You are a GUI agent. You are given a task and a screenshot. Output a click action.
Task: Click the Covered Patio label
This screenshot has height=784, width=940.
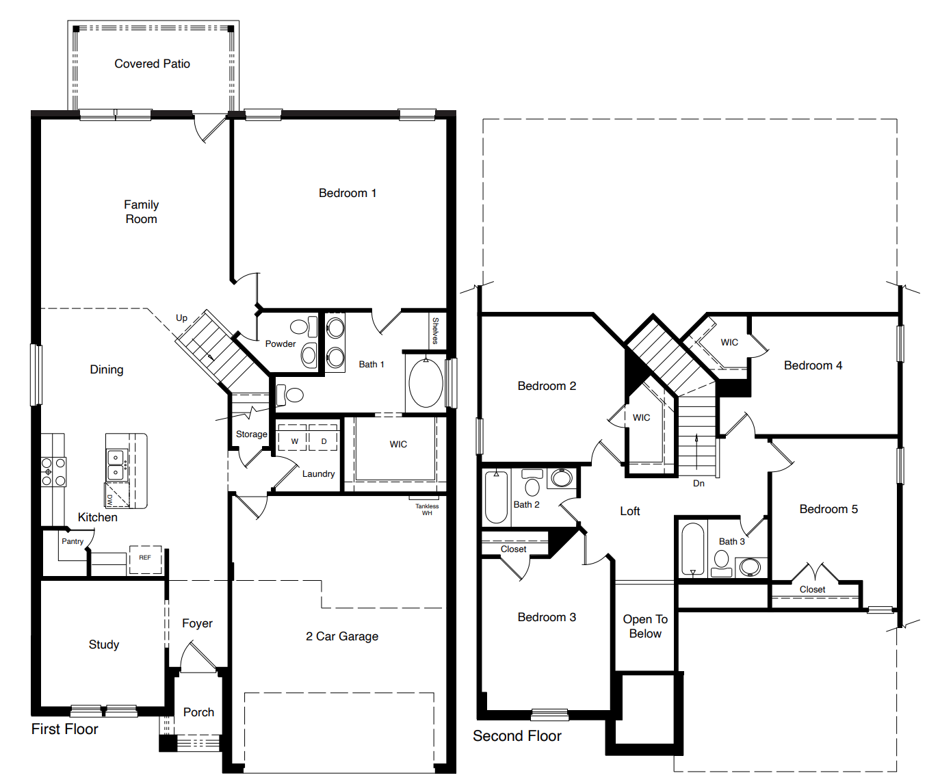point(152,64)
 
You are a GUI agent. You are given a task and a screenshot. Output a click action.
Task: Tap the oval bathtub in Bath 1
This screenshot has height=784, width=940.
point(426,382)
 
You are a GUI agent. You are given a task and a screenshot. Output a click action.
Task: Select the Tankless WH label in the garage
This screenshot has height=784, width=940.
point(427,510)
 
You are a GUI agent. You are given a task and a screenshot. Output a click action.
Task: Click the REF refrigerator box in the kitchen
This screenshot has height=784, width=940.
point(145,558)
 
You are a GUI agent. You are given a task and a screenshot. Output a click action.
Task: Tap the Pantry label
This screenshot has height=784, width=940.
point(73,541)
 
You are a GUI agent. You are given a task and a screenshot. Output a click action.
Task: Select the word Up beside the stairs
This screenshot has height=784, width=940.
point(181,317)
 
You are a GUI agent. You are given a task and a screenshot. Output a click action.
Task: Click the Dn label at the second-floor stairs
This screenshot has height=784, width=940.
point(699,483)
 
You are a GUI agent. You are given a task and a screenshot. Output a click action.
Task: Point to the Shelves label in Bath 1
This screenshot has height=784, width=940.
point(435,330)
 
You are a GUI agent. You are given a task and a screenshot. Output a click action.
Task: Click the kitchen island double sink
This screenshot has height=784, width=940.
point(116,464)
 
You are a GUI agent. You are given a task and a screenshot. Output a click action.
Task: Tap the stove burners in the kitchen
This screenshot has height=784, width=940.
point(53,472)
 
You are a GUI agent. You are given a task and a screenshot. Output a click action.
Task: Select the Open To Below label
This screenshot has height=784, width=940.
point(645,626)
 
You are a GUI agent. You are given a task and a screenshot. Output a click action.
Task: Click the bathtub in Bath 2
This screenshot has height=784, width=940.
point(496,497)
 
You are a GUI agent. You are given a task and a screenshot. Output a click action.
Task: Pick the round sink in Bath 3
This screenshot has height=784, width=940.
point(750,567)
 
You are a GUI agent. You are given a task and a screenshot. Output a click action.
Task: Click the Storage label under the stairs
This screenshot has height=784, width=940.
point(251,434)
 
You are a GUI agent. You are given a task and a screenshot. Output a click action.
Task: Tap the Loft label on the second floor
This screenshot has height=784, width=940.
point(629,511)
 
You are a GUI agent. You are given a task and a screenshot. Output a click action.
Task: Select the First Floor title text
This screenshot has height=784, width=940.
point(64,729)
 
